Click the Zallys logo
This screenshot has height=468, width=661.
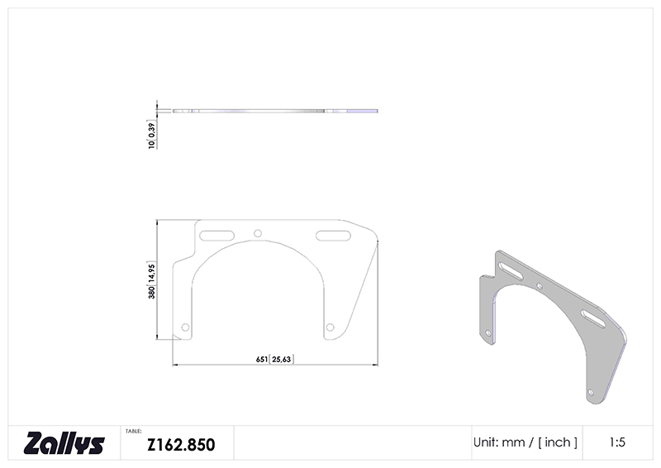(x=64, y=442)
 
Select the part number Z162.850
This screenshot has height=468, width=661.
(x=181, y=445)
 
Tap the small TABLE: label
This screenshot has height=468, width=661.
(x=133, y=432)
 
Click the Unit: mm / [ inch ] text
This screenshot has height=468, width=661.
(x=525, y=442)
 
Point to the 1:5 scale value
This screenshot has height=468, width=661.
(x=617, y=442)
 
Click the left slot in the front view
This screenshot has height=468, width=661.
(x=216, y=236)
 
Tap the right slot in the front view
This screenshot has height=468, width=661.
(x=333, y=236)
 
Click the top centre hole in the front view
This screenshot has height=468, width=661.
(x=258, y=233)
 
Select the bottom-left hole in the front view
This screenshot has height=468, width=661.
(x=185, y=327)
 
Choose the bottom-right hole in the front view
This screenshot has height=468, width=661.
(x=330, y=327)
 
